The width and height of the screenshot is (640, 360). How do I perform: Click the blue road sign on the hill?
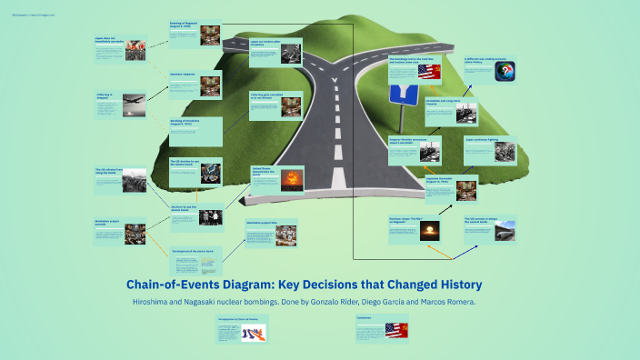tap(400, 94)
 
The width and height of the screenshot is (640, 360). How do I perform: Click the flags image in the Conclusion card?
tap(395, 330)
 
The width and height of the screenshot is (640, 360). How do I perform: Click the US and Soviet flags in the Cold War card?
tap(429, 72)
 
